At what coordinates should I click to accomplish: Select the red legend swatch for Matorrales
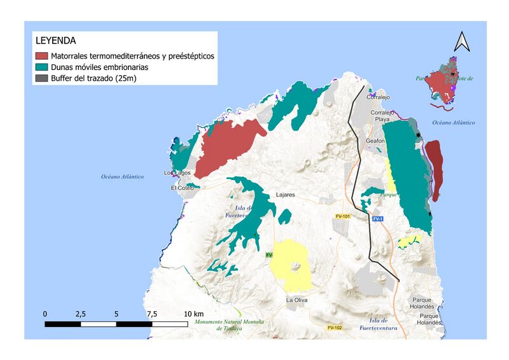point(42,56)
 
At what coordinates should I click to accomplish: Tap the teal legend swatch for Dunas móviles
point(42,67)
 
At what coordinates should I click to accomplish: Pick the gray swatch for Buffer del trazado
point(42,78)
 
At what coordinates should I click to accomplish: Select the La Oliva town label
point(298,300)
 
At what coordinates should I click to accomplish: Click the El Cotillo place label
point(182,188)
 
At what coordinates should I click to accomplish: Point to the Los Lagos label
point(178,173)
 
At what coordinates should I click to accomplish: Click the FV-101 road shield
point(342,217)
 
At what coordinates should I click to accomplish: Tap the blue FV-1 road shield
point(378,219)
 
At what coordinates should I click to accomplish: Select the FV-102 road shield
point(335,328)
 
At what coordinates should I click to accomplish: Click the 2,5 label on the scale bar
point(80,314)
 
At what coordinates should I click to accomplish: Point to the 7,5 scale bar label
point(152,314)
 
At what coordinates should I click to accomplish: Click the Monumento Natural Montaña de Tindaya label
point(229,326)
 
